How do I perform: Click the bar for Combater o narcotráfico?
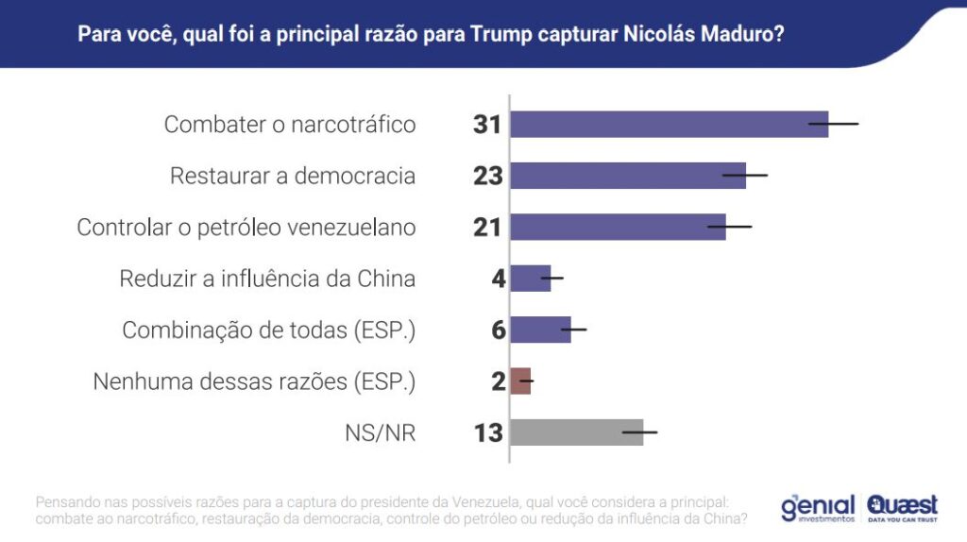click(x=669, y=125)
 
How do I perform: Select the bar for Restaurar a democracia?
click(x=628, y=176)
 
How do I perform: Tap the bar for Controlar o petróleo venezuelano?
click(x=618, y=227)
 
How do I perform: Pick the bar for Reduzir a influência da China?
click(x=531, y=279)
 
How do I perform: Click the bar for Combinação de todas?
click(x=540, y=330)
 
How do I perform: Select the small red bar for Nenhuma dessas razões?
click(x=520, y=381)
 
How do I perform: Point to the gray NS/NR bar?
click(x=576, y=432)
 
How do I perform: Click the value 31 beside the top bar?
click(x=487, y=125)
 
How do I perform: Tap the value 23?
click(x=487, y=176)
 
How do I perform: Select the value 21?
click(x=487, y=228)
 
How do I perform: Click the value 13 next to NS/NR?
click(x=487, y=432)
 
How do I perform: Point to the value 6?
click(x=498, y=330)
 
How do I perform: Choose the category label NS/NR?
click(x=380, y=433)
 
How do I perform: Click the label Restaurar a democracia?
click(x=293, y=176)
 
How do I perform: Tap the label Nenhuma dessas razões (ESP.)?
click(x=254, y=381)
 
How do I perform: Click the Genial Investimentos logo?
click(x=817, y=508)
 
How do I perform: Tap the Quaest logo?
click(x=903, y=508)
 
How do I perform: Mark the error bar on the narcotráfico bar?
click(x=834, y=124)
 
